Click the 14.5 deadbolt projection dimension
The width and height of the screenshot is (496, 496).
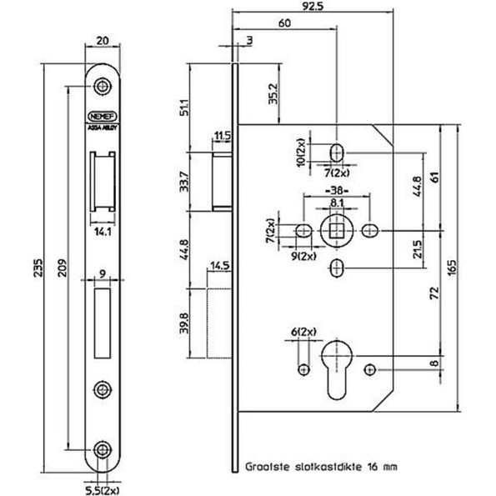point(220,265)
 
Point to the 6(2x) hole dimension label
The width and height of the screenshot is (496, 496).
point(303,333)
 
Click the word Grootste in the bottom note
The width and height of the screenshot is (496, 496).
point(267,468)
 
